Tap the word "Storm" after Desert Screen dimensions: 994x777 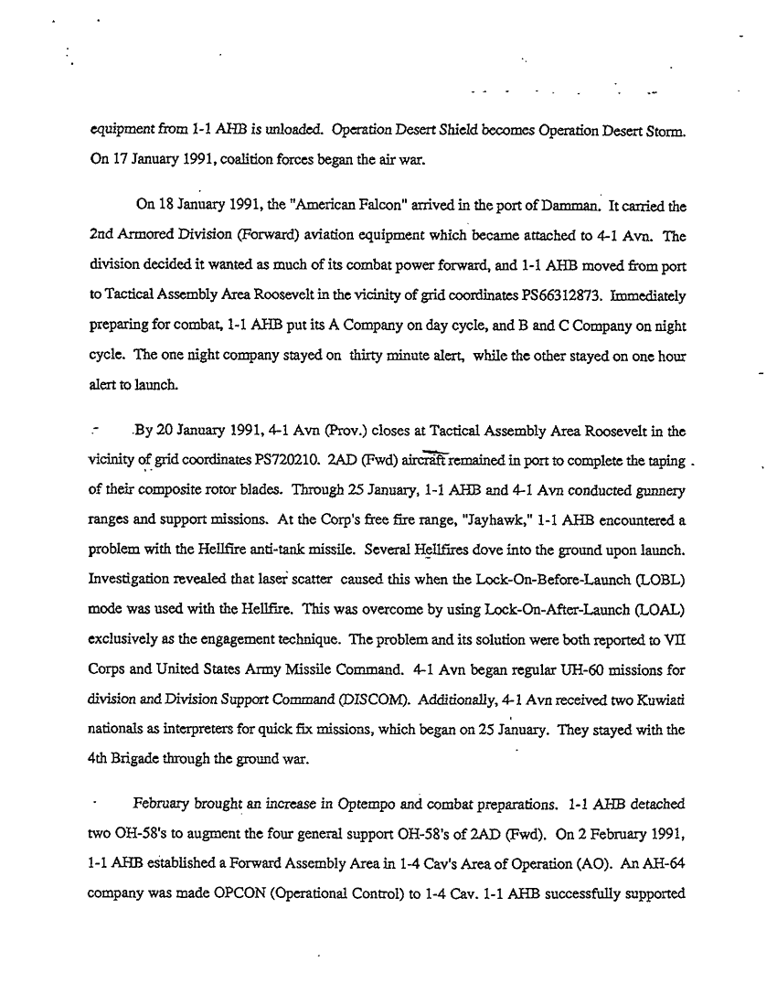pyautogui.click(x=654, y=130)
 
